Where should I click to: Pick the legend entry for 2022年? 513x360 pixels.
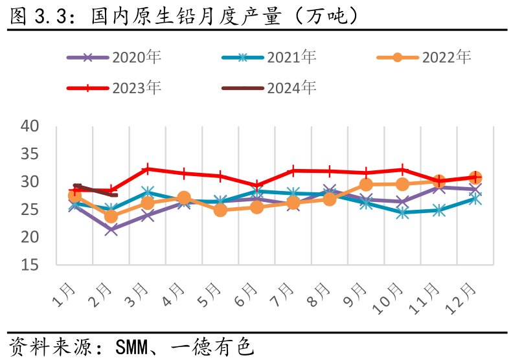(x=424, y=57)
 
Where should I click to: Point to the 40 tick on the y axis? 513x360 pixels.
(x=31, y=126)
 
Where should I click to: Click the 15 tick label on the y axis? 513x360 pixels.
(x=31, y=265)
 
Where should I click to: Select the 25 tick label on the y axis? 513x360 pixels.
(x=31, y=210)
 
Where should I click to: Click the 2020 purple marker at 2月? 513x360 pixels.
(x=111, y=229)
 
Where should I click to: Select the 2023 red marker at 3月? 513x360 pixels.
(x=148, y=169)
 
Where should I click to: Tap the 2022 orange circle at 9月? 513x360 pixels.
(x=366, y=185)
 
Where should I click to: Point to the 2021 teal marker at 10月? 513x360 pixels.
(x=402, y=212)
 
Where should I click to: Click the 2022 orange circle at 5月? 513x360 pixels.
(x=220, y=210)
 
